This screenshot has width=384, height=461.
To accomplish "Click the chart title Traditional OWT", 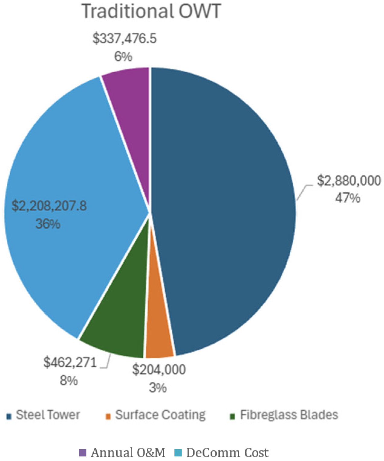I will point(151,11).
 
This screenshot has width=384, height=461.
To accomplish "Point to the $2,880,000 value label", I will point(349,181).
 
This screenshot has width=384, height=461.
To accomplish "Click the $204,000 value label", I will point(159,369).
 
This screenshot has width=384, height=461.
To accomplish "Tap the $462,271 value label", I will point(70,362).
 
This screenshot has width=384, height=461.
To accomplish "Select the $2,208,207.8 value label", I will point(49,206).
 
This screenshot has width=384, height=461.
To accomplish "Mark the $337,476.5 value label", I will point(124,39).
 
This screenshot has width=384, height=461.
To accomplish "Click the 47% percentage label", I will point(347,198).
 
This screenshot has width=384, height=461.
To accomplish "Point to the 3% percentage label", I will point(157,387).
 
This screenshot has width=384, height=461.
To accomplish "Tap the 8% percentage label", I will point(69,380).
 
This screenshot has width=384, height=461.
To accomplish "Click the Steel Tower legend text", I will point(48,415).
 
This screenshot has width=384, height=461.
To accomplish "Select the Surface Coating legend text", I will point(160,415).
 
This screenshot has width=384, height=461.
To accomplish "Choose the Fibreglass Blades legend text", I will point(289,415).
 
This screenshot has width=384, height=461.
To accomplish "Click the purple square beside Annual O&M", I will point(82,453).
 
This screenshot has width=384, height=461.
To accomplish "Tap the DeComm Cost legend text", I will point(227,453).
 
